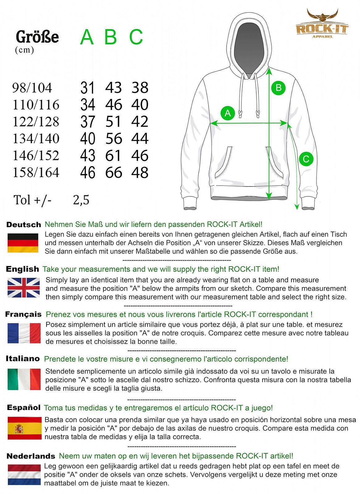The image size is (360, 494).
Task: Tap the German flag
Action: point(23,243)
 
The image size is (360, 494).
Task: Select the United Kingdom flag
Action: point(23,287)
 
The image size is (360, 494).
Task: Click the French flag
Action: point(24,333)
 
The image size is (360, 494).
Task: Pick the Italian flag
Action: point(24,379)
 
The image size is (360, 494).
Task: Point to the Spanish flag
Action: point(24,428)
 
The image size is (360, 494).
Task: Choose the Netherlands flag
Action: point(24,474)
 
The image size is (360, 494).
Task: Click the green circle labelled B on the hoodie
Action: point(278,88)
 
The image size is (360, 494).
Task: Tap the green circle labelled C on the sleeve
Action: point(306,159)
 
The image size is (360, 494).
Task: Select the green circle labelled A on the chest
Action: point(228,113)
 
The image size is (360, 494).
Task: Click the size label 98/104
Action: point(32,88)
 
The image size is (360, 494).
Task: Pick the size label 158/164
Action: point(36,172)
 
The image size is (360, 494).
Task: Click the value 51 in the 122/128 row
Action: point(114,122)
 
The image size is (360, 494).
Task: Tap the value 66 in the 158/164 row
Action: point(114,173)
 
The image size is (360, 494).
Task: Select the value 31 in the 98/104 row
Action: point(87,88)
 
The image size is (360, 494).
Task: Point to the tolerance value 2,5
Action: point(81,200)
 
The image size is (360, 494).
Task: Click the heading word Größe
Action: point(37,37)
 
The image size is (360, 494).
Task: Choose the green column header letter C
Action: point(136,37)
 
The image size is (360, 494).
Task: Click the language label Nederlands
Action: point(31,456)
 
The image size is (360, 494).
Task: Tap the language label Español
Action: point(24,408)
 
